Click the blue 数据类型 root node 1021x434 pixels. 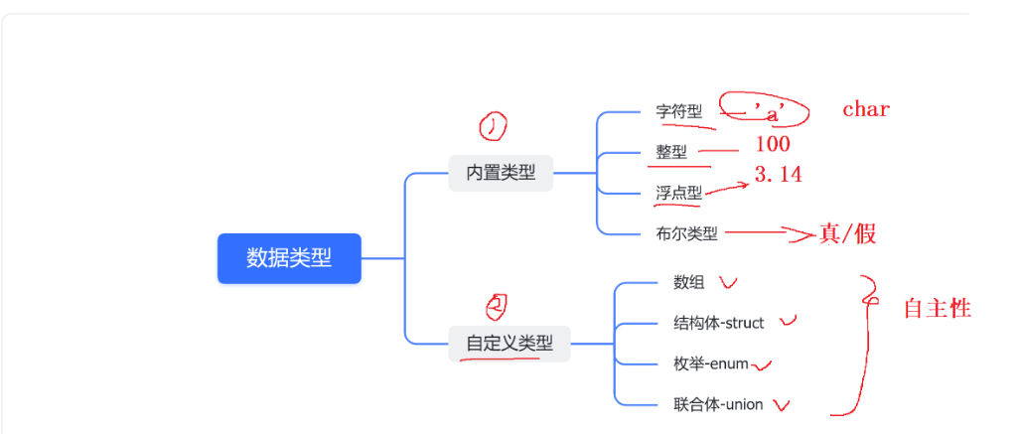coord(289,258)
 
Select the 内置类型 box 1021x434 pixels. coord(501,173)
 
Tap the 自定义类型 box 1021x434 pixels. coord(510,344)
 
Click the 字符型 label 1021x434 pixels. coord(679,112)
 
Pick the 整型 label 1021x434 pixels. coord(671,152)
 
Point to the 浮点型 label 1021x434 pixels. coord(678,193)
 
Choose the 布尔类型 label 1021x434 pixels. coord(686,234)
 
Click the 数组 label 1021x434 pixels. coord(689,282)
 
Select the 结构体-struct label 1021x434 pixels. coord(719,323)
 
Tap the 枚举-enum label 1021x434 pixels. coord(711,363)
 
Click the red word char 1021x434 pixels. coord(866,109)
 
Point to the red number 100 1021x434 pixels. coord(773,145)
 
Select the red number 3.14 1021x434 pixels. coord(778,175)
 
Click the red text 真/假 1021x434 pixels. coord(847,233)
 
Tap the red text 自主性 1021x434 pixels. coord(937,309)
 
